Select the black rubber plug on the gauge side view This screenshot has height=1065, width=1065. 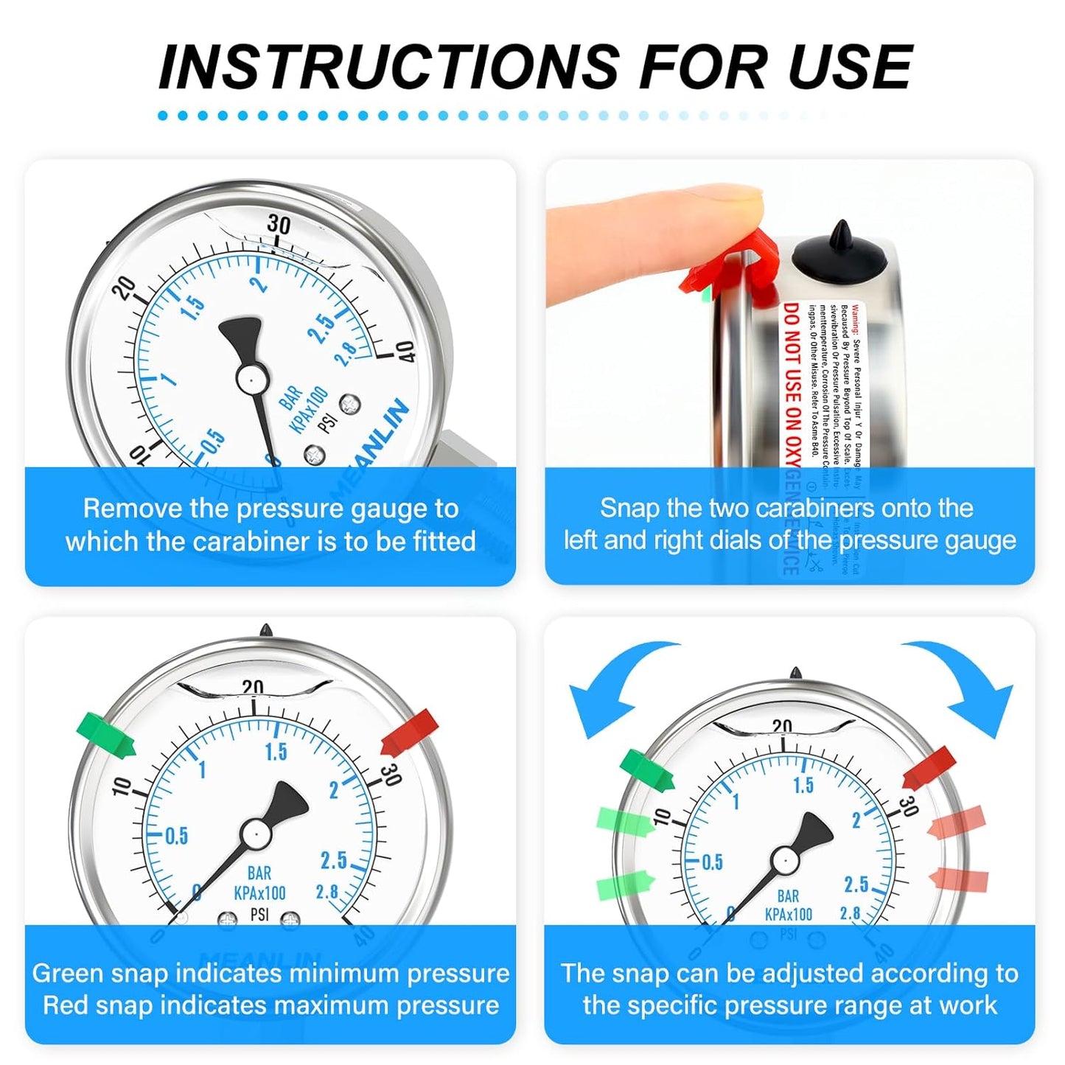coord(839,254)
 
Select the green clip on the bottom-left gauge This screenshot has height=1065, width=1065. coord(106,734)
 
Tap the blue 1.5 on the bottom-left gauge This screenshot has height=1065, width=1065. coord(276,752)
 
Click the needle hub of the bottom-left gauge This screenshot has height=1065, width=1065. coord(254,834)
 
